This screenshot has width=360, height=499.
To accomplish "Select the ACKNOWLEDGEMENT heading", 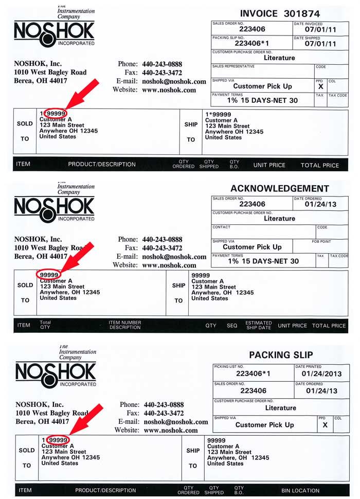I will pos(280,188).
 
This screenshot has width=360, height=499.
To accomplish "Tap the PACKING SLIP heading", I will pos(281,355).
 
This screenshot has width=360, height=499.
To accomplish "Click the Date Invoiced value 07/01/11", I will pos(320,30).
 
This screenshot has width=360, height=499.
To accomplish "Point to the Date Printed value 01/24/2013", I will pos(321,373).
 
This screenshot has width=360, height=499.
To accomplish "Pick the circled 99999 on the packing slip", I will pos(57,440).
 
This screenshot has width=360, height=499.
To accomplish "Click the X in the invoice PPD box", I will pos(320,87).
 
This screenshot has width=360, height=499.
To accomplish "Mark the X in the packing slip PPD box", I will pos(325,425).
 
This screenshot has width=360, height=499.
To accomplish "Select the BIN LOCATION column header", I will pos(301,491).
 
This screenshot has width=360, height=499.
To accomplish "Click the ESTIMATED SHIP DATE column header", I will pos(258,326).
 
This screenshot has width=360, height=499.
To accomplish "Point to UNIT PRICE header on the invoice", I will pos(269,165).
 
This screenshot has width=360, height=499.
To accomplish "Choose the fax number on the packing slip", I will pos(164,413).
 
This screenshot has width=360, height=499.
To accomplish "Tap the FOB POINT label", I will pos(321,241).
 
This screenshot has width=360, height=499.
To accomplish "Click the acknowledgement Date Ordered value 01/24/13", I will pos(321,205).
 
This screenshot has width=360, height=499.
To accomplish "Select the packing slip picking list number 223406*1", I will pos(253,373).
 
